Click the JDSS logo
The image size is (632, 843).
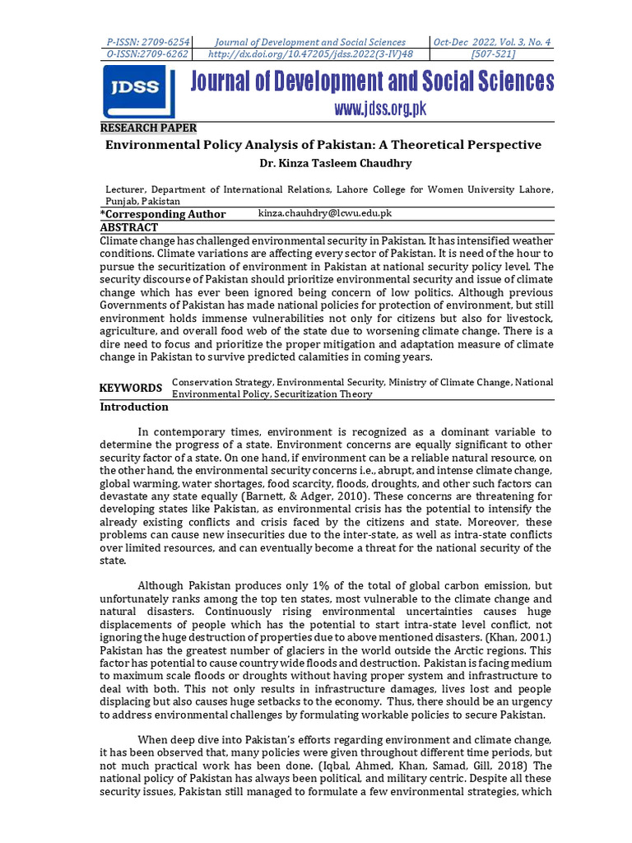coord(139,91)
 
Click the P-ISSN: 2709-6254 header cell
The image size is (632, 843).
coord(148,42)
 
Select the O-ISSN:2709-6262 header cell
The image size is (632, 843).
coord(148,54)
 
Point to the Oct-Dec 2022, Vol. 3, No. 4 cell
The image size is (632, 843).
coord(492,42)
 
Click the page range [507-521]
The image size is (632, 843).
coord(492,54)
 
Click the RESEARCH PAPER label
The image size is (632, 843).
coord(148,128)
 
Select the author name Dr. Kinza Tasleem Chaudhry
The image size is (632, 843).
coord(323,163)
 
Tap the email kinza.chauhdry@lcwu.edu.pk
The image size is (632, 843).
coord(324,213)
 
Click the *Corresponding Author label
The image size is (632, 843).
coord(163,214)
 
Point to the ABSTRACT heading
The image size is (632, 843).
coord(129,227)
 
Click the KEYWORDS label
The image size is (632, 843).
coord(131,388)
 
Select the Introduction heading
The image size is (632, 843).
coord(134,407)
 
